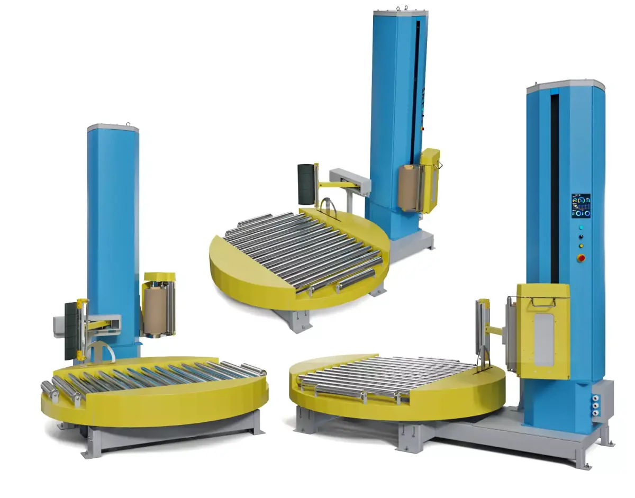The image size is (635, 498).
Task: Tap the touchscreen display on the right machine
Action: click(x=580, y=206)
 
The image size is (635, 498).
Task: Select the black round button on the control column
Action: click(x=581, y=236)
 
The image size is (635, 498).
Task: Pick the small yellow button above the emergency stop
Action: click(x=581, y=246)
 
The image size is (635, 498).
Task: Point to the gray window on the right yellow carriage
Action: click(x=543, y=339)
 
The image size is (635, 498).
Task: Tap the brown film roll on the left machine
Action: click(x=155, y=311)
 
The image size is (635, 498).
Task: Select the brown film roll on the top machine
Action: click(x=408, y=187)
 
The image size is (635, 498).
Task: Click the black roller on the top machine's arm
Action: click(x=306, y=184)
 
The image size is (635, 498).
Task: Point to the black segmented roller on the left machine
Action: click(x=70, y=331)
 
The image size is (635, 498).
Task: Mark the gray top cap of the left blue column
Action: click(x=113, y=128)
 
